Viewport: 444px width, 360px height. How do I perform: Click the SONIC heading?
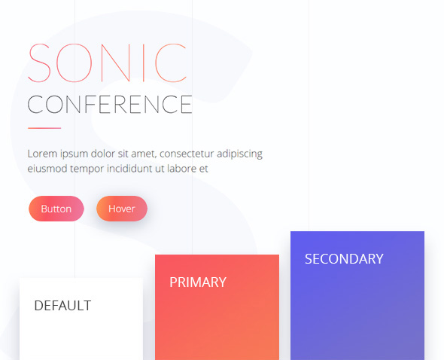(108, 63)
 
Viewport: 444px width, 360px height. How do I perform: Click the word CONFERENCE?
(110, 105)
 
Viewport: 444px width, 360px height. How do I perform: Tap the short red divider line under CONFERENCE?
(44, 128)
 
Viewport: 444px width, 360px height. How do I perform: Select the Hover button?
(122, 209)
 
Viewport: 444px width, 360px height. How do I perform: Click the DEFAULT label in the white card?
(62, 306)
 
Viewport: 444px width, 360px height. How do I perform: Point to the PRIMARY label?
(198, 282)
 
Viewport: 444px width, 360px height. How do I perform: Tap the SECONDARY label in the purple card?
(344, 259)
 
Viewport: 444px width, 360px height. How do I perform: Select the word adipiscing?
(239, 154)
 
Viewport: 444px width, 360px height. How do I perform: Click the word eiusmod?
(47, 169)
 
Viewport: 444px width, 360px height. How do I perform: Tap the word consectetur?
(187, 154)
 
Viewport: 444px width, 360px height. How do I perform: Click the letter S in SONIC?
(39, 63)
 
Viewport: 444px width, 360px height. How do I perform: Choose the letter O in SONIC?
(75, 63)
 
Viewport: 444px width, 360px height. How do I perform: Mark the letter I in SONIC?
(144, 63)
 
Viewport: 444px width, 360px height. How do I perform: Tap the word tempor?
(87, 169)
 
